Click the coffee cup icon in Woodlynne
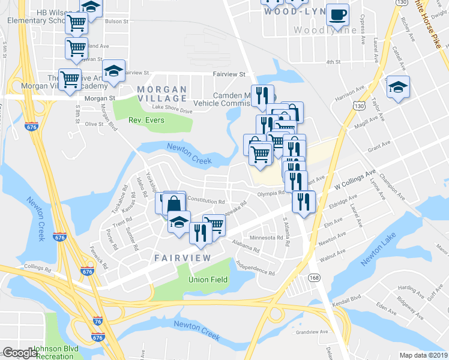[338, 14]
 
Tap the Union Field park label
[207, 280]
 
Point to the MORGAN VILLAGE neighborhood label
[162, 94]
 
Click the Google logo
[20, 353]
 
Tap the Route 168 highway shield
[314, 277]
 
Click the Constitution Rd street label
[206, 200]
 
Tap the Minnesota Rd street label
[262, 238]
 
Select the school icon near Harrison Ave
[397, 88]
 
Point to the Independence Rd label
[255, 268]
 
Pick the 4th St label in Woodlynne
[333, 62]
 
